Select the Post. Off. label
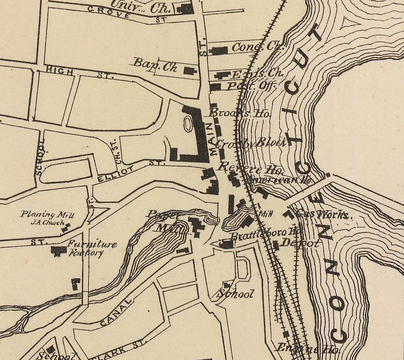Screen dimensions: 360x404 252,86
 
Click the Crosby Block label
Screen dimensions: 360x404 251,143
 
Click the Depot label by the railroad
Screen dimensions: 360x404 300,243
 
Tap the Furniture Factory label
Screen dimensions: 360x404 92,248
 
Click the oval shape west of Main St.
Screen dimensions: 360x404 188,124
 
